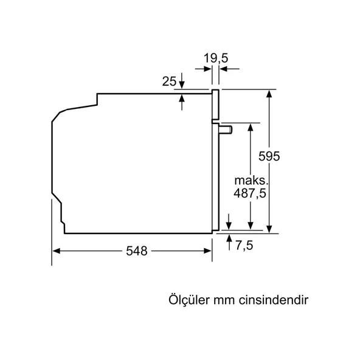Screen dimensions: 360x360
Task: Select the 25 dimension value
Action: click(x=170, y=81)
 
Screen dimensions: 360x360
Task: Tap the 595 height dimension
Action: click(x=268, y=156)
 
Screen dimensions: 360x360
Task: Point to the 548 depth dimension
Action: click(x=137, y=251)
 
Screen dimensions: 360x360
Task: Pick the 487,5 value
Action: click(x=250, y=193)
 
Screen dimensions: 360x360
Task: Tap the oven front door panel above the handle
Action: click(x=215, y=105)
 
